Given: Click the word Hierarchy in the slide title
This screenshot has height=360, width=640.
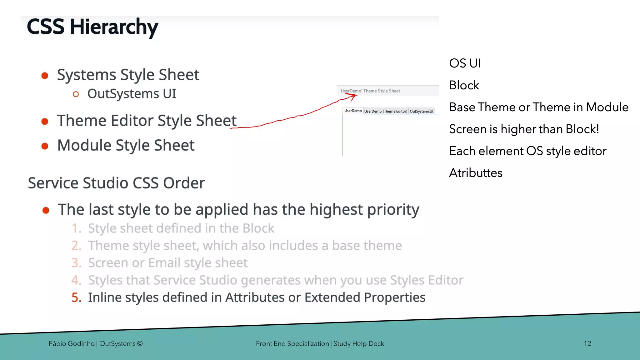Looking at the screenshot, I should [114, 27].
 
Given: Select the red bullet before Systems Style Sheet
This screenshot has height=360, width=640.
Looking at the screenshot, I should [45, 76].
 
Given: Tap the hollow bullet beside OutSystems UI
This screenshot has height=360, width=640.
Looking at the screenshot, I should [76, 94].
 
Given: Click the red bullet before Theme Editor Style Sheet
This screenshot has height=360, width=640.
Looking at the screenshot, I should [45, 122].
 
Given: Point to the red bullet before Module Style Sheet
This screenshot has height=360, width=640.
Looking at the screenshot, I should [45, 146].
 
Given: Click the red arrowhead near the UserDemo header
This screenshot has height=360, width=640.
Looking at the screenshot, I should [353, 96].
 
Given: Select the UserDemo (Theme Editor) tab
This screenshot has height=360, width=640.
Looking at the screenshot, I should [386, 111].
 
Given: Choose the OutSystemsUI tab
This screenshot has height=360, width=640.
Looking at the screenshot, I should [421, 111].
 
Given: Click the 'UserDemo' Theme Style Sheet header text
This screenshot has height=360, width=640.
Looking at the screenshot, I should [370, 91].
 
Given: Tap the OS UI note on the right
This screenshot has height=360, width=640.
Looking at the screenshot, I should [465, 63].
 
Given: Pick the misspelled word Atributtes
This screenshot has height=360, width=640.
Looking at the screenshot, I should [476, 173].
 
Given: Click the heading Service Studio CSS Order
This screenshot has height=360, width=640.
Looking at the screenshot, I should [116, 183].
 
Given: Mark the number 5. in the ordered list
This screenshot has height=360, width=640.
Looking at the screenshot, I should [76, 297].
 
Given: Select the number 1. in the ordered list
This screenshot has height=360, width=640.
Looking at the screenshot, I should [77, 228].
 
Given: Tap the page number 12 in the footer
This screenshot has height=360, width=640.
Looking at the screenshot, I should [587, 343].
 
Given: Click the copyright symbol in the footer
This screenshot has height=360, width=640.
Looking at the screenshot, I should [140, 343].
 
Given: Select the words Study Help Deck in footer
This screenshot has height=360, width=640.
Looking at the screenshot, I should [358, 343].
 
